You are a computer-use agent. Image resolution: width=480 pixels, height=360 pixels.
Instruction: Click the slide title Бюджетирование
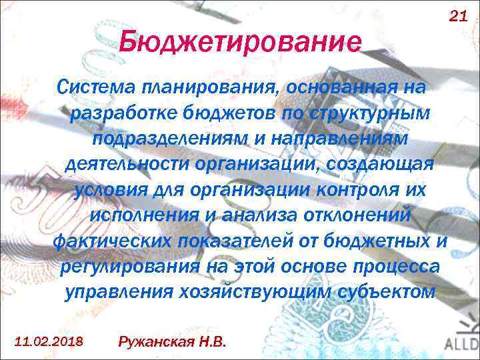point(241,44)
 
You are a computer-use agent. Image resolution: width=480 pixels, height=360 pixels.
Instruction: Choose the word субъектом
point(392,291)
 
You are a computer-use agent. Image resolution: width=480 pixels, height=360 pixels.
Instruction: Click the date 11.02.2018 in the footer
point(49,341)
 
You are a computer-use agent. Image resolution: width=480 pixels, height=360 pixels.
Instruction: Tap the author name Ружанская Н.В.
point(172,341)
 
